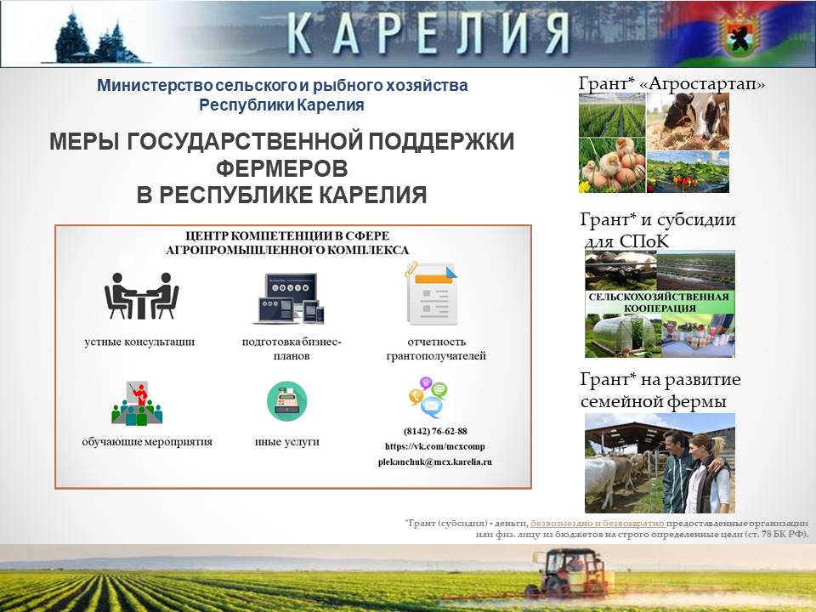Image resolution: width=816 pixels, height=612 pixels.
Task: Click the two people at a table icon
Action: pyautogui.click(x=142, y=296)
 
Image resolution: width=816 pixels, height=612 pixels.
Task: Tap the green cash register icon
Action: pyautogui.click(x=286, y=400)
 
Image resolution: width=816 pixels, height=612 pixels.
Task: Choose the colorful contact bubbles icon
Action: pyautogui.click(x=428, y=398)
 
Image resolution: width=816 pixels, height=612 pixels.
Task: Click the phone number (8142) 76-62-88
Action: pyautogui.click(x=435, y=432)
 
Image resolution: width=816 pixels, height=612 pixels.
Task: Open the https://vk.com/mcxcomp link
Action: pyautogui.click(x=435, y=446)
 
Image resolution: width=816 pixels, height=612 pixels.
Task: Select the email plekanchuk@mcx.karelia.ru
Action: pyautogui.click(x=435, y=462)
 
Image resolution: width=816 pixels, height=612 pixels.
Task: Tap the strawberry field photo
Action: pyautogui.click(x=688, y=172)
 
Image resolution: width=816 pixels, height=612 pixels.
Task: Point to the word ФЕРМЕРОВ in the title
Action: pyautogui.click(x=281, y=168)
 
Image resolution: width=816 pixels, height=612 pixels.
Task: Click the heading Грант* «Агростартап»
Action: pyautogui.click(x=671, y=83)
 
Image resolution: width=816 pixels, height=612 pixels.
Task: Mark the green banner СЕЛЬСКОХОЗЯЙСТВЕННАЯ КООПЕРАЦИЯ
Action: pyautogui.click(x=660, y=303)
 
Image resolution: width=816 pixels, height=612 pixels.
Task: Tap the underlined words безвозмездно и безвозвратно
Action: pyautogui.click(x=598, y=523)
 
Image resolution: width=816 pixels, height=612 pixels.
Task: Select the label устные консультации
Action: pyautogui.click(x=139, y=342)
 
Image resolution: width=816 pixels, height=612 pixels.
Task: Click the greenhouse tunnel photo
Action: pyautogui.click(x=623, y=337)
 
